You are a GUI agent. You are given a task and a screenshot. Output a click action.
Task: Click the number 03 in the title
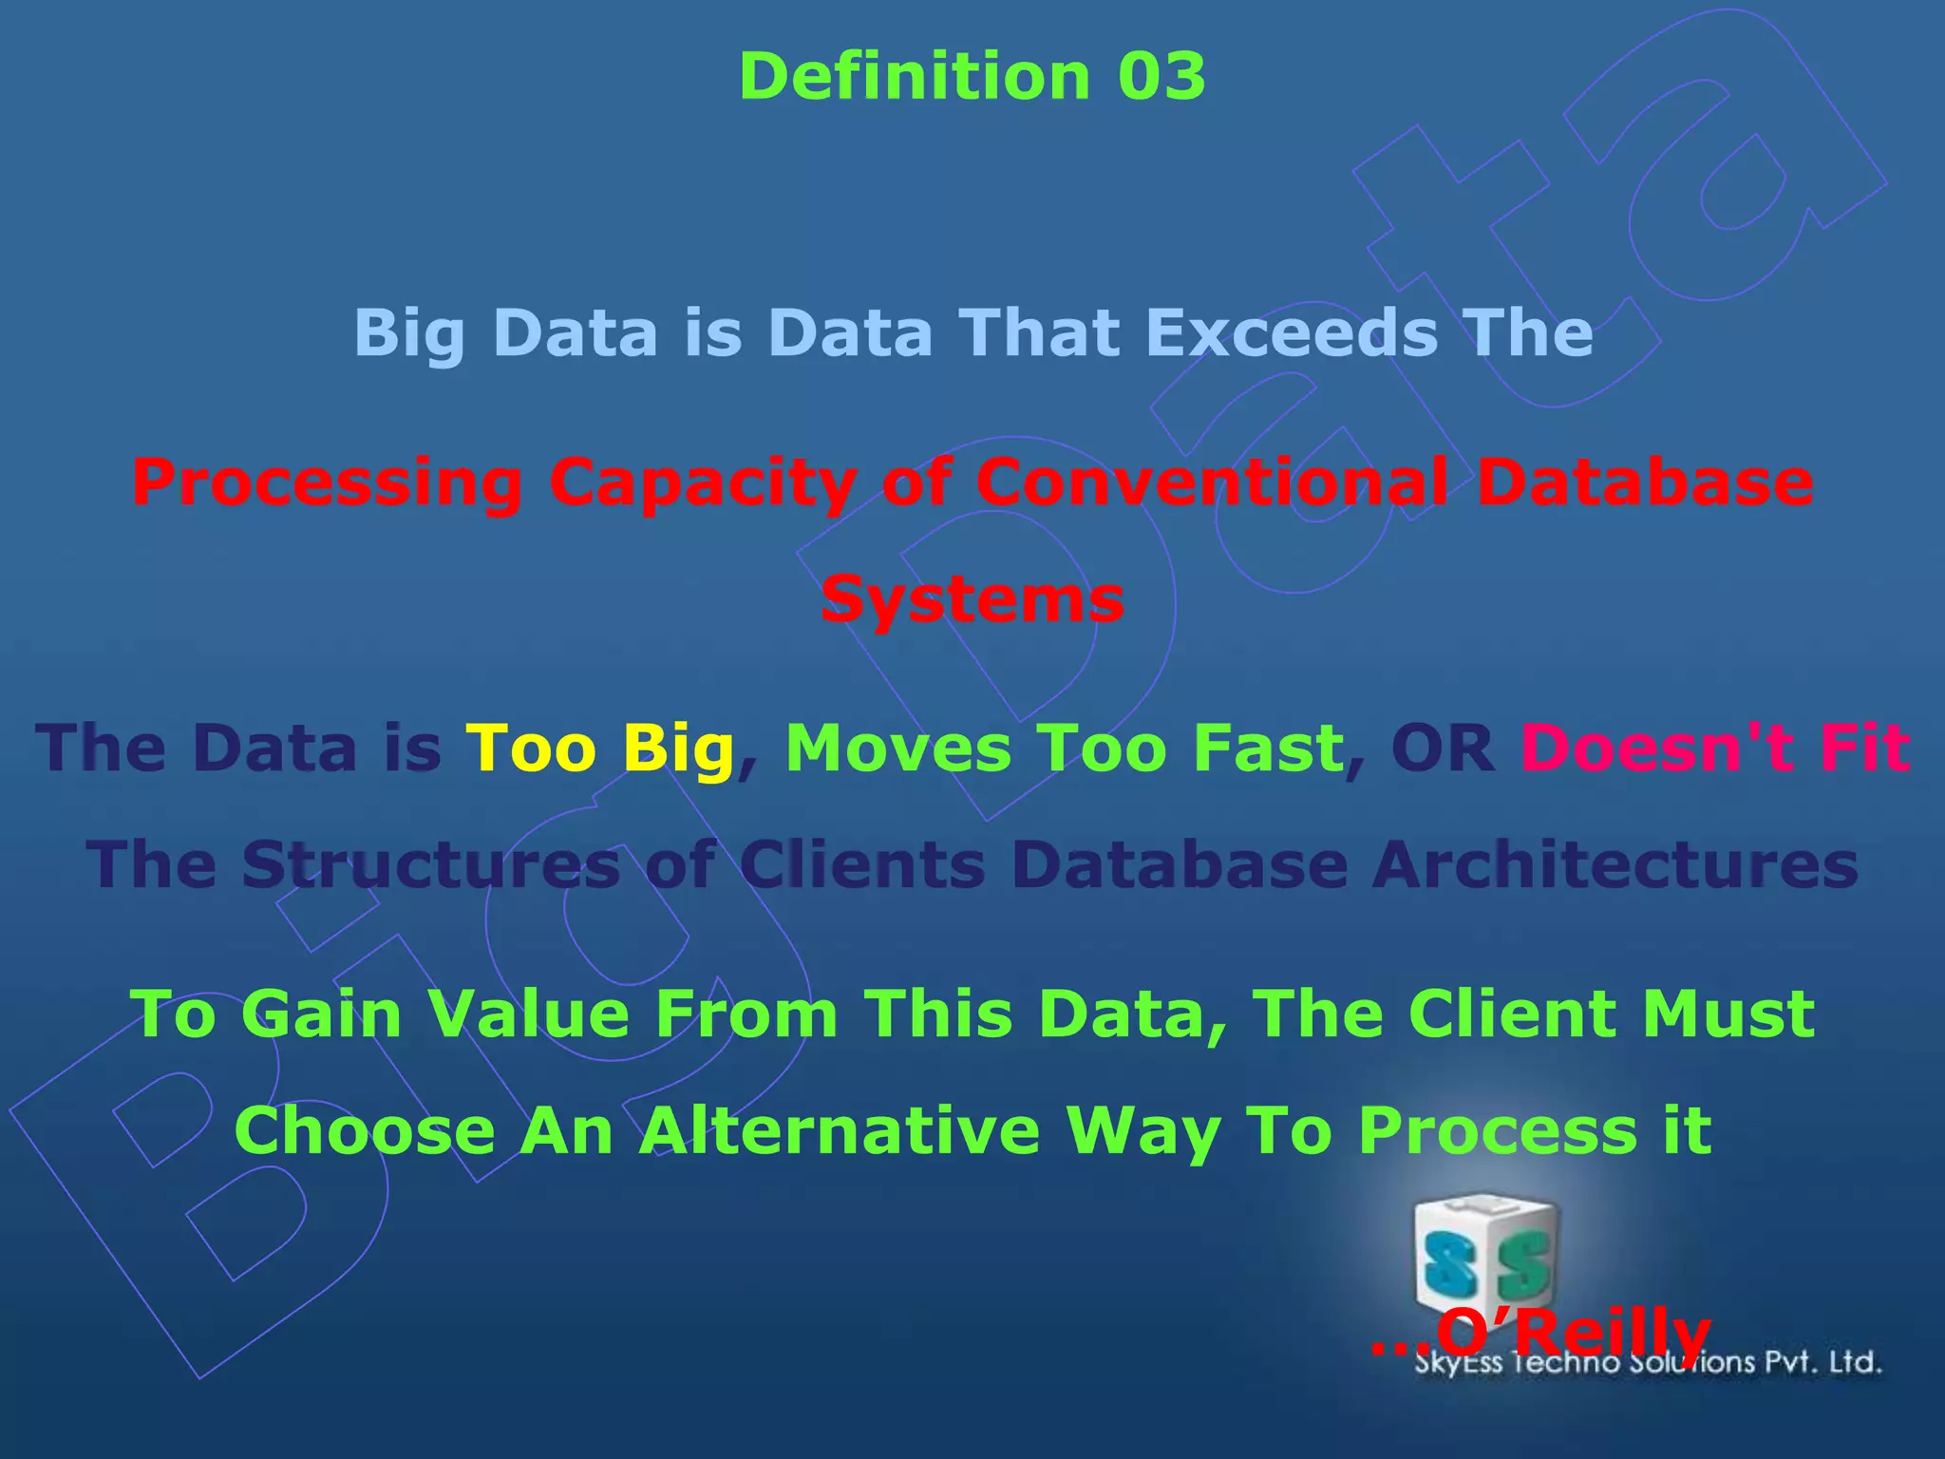click(x=1161, y=76)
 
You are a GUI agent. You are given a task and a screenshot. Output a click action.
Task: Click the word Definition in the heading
click(x=915, y=76)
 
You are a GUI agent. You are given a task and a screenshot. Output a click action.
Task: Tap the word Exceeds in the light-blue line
click(x=1292, y=332)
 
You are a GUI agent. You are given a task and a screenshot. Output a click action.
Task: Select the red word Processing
click(x=327, y=483)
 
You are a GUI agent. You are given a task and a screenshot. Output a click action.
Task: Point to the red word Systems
click(x=972, y=600)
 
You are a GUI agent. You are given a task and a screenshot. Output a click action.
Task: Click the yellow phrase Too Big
click(x=600, y=748)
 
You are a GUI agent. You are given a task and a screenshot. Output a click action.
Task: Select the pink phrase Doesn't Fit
click(x=1715, y=748)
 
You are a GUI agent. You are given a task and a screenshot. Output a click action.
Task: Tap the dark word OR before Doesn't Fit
click(x=1444, y=748)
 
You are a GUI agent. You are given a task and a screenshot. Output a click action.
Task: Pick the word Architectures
click(x=1615, y=865)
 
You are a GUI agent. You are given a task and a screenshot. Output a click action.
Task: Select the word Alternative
click(x=840, y=1130)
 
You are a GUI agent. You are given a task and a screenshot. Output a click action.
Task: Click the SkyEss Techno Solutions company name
click(x=1648, y=1364)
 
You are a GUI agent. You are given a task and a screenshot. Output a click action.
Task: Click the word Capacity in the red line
click(x=703, y=483)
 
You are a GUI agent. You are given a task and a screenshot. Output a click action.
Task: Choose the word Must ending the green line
click(x=1728, y=1014)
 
